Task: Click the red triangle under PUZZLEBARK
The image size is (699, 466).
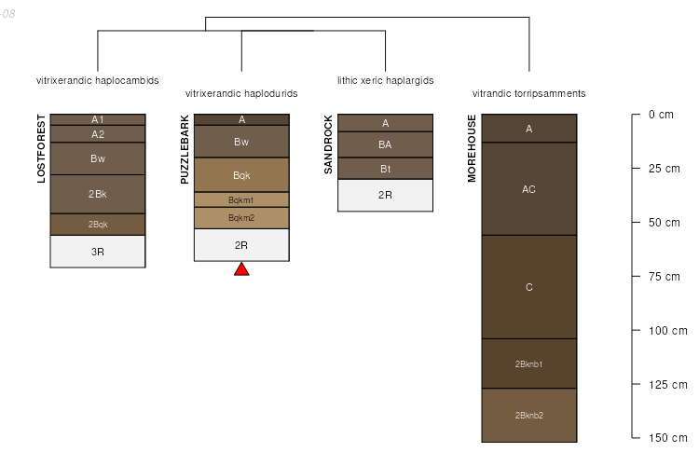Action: pyautogui.click(x=241, y=269)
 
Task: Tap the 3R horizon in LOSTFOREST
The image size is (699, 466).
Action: pyautogui.click(x=98, y=252)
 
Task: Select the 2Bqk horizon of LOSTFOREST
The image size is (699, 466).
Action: pyautogui.click(x=98, y=224)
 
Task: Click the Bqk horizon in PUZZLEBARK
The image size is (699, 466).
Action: pyautogui.click(x=241, y=175)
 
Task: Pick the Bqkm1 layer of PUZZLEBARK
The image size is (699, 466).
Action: pyautogui.click(x=241, y=199)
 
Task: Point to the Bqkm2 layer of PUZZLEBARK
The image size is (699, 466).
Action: pyautogui.click(x=241, y=217)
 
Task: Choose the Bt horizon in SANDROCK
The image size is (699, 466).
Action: pyautogui.click(x=385, y=169)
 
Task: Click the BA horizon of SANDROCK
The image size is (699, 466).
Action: pyautogui.click(x=385, y=144)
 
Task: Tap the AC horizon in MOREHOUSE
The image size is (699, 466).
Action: pyautogui.click(x=528, y=189)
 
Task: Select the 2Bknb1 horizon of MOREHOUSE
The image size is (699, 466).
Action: pyautogui.click(x=528, y=363)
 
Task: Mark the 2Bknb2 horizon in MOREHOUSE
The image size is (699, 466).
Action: pyautogui.click(x=528, y=415)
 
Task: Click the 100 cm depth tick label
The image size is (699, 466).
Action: pyautogui.click(x=666, y=330)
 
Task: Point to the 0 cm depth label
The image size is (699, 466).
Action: pyautogui.click(x=660, y=115)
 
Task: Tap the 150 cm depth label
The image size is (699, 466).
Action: pyautogui.click(x=666, y=437)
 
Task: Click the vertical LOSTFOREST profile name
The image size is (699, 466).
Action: pyautogui.click(x=41, y=148)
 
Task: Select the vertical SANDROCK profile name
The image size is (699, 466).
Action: pyautogui.click(x=328, y=145)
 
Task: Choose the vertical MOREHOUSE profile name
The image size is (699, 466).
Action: pyautogui.click(x=472, y=148)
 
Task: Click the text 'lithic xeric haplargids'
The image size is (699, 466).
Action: pyautogui.click(x=385, y=80)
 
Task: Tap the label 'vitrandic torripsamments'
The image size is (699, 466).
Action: pyautogui.click(x=528, y=93)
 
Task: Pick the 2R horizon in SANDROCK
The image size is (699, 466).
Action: pyautogui.click(x=385, y=195)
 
